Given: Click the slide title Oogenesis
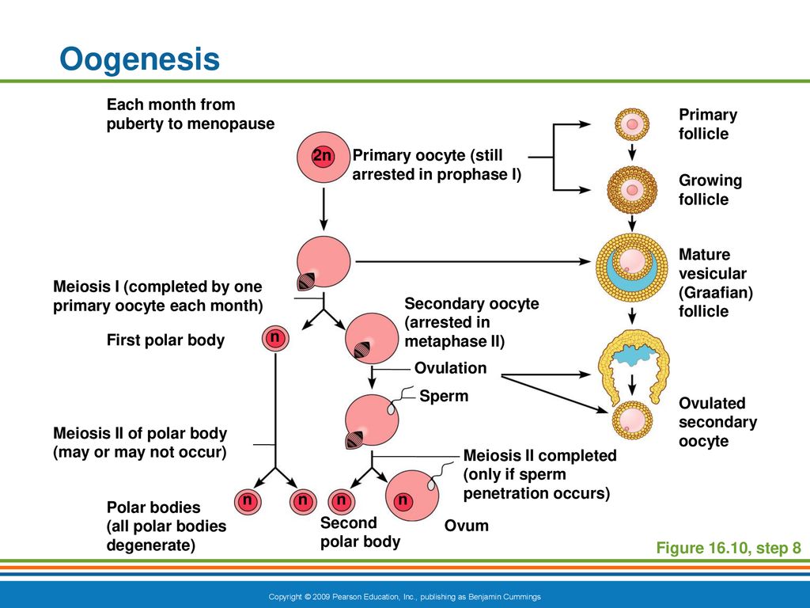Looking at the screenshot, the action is [139, 59].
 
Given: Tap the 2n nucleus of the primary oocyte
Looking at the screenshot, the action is [323, 155].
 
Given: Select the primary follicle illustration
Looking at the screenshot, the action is [632, 124].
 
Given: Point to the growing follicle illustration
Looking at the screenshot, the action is [632, 190].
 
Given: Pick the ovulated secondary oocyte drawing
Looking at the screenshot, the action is [632, 420].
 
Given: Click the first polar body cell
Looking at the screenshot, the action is [275, 339].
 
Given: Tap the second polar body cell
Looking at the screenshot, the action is [341, 501].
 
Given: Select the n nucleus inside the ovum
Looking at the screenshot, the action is [403, 500].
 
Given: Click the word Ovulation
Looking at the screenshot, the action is [450, 368].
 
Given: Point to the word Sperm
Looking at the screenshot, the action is [444, 397].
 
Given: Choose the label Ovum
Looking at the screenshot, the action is [466, 526].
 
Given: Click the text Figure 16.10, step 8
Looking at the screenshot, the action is [729, 548].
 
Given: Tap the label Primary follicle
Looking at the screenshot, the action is [708, 124].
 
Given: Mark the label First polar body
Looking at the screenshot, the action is [165, 340].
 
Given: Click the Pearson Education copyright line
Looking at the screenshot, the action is [404, 597].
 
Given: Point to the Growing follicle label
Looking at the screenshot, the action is [710, 190].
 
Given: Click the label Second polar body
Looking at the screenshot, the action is [360, 532].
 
